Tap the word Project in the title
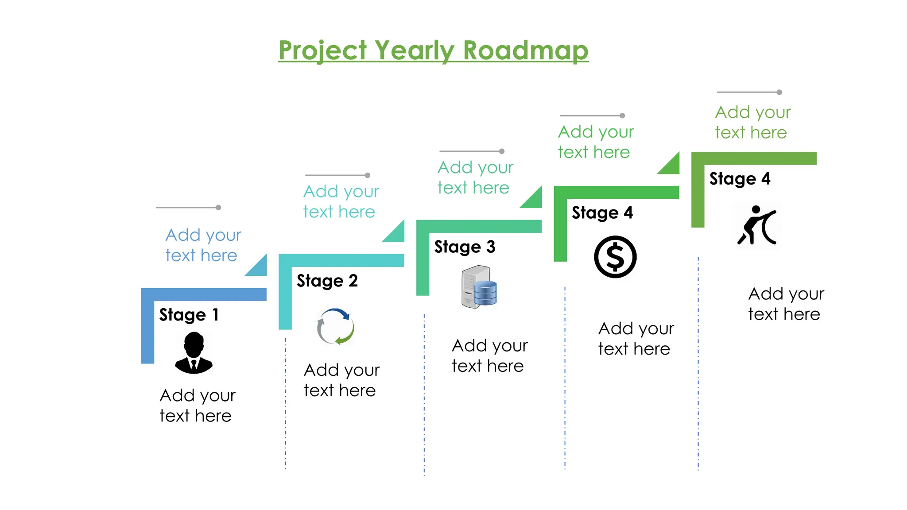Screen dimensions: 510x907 click(323, 51)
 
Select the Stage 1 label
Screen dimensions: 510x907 click(189, 315)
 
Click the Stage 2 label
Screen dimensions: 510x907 click(327, 281)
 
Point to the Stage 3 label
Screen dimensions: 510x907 click(465, 247)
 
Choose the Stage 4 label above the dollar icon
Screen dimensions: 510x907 click(602, 212)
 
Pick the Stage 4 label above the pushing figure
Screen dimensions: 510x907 click(740, 179)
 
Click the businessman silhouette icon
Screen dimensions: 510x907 click(194, 353)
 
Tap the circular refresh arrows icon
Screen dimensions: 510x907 click(336, 327)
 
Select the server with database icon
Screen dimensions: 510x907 click(479, 287)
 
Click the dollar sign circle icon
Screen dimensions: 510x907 click(615, 257)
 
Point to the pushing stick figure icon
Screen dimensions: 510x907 click(757, 225)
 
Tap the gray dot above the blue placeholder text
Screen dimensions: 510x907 click(218, 208)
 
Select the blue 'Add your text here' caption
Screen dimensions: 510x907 click(203, 245)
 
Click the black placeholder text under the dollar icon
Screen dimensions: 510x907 click(636, 339)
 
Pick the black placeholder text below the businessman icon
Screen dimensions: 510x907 click(197, 406)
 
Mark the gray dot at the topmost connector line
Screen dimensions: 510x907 click(779, 93)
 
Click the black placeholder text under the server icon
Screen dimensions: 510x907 click(489, 355)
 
